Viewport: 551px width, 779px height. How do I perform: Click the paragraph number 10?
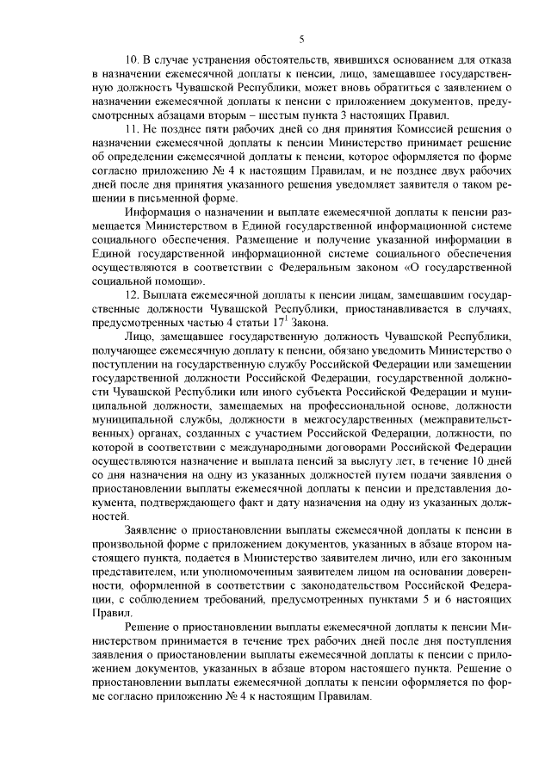coord(132,60)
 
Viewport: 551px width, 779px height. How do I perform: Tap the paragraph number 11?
coord(132,129)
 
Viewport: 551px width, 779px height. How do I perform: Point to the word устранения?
coord(217,60)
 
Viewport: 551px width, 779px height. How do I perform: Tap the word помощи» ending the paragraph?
coord(179,281)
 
